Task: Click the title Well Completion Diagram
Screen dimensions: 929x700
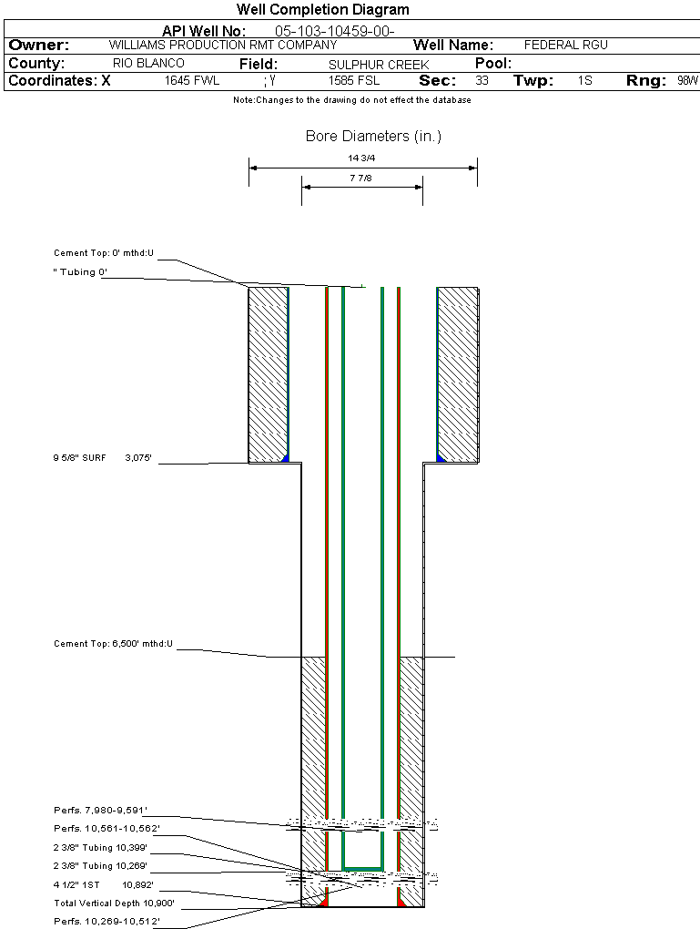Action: (322, 10)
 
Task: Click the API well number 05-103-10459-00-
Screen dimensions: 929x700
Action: (334, 31)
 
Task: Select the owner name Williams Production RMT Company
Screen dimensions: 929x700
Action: (223, 45)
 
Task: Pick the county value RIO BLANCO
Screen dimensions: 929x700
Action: (148, 64)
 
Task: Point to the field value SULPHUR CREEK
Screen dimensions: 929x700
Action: (366, 65)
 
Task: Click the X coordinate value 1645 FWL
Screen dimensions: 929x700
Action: (192, 81)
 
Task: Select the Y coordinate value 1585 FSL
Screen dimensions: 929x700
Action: (355, 81)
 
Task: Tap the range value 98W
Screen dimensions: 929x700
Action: (687, 81)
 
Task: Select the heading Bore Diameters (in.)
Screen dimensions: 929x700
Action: (373, 137)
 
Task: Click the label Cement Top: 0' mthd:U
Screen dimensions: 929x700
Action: (104, 253)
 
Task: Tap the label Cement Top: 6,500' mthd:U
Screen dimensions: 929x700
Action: (113, 644)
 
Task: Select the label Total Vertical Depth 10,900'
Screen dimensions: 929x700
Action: (114, 903)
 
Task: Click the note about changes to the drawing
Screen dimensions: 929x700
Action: (352, 100)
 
